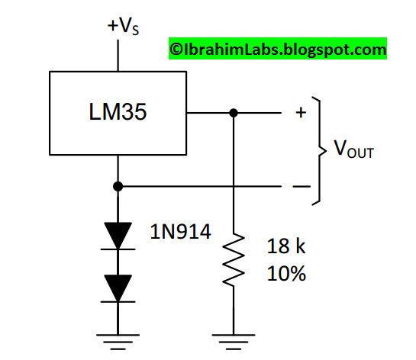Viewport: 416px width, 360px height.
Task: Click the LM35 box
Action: (118, 112)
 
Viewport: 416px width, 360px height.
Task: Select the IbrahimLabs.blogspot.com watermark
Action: (277, 50)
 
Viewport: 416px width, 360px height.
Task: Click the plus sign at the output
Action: (300, 113)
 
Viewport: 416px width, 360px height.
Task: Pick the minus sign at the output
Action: (300, 186)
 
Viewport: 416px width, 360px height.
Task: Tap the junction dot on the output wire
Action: (234, 113)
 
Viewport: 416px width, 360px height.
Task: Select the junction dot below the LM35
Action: (118, 185)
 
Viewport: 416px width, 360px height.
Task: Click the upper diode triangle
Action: (118, 235)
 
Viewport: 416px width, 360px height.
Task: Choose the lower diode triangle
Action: (118, 288)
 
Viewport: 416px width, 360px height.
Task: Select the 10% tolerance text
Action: (287, 273)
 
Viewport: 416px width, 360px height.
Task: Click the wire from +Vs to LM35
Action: (118, 55)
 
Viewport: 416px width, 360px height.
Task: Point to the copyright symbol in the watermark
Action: (175, 50)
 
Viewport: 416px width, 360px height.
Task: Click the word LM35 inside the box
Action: (118, 112)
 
